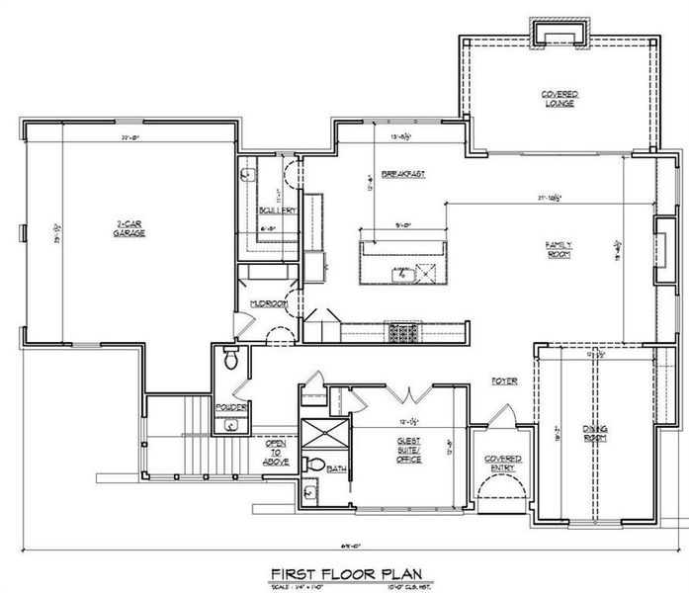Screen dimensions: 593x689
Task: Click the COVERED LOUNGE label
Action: (x=560, y=98)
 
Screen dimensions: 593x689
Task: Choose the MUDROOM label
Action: (x=268, y=303)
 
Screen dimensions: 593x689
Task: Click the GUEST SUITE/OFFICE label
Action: (x=409, y=451)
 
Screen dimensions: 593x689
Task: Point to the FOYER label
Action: (x=504, y=381)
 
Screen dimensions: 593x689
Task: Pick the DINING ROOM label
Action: (x=595, y=432)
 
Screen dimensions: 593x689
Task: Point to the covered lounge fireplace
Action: (x=560, y=33)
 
